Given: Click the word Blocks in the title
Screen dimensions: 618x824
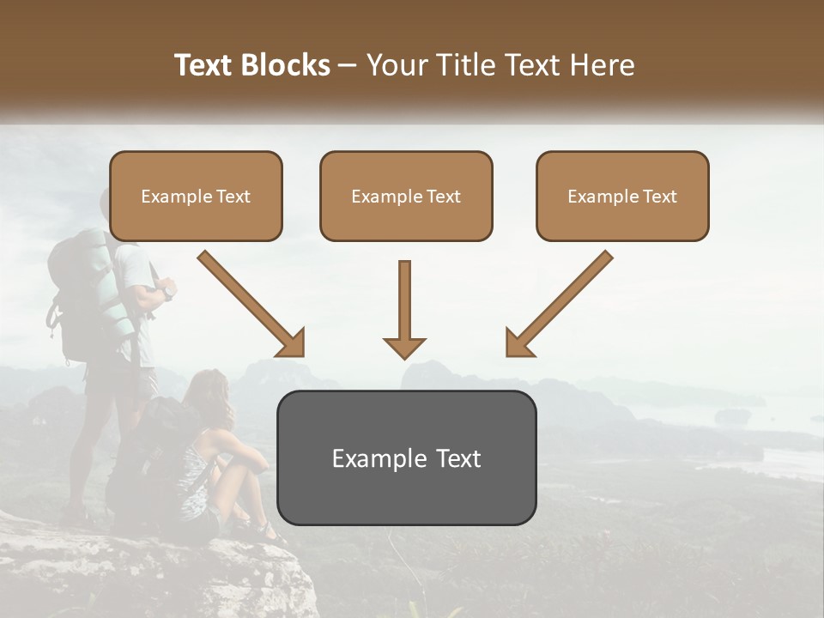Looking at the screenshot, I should coord(286,65).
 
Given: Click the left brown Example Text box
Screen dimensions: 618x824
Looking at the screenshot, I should coord(196,197).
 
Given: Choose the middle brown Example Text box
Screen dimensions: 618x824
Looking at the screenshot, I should coord(406,197).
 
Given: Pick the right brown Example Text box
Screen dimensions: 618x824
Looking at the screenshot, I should coord(622,197).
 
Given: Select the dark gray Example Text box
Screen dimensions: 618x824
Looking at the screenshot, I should coord(406,457).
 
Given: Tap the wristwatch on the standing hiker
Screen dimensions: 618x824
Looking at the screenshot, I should coord(168,292).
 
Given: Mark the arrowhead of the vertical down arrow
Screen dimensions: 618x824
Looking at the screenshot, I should coord(404,347).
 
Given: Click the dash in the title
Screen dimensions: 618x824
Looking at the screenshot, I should coord(348,65).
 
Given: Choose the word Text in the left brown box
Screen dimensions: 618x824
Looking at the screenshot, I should coord(233,197).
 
